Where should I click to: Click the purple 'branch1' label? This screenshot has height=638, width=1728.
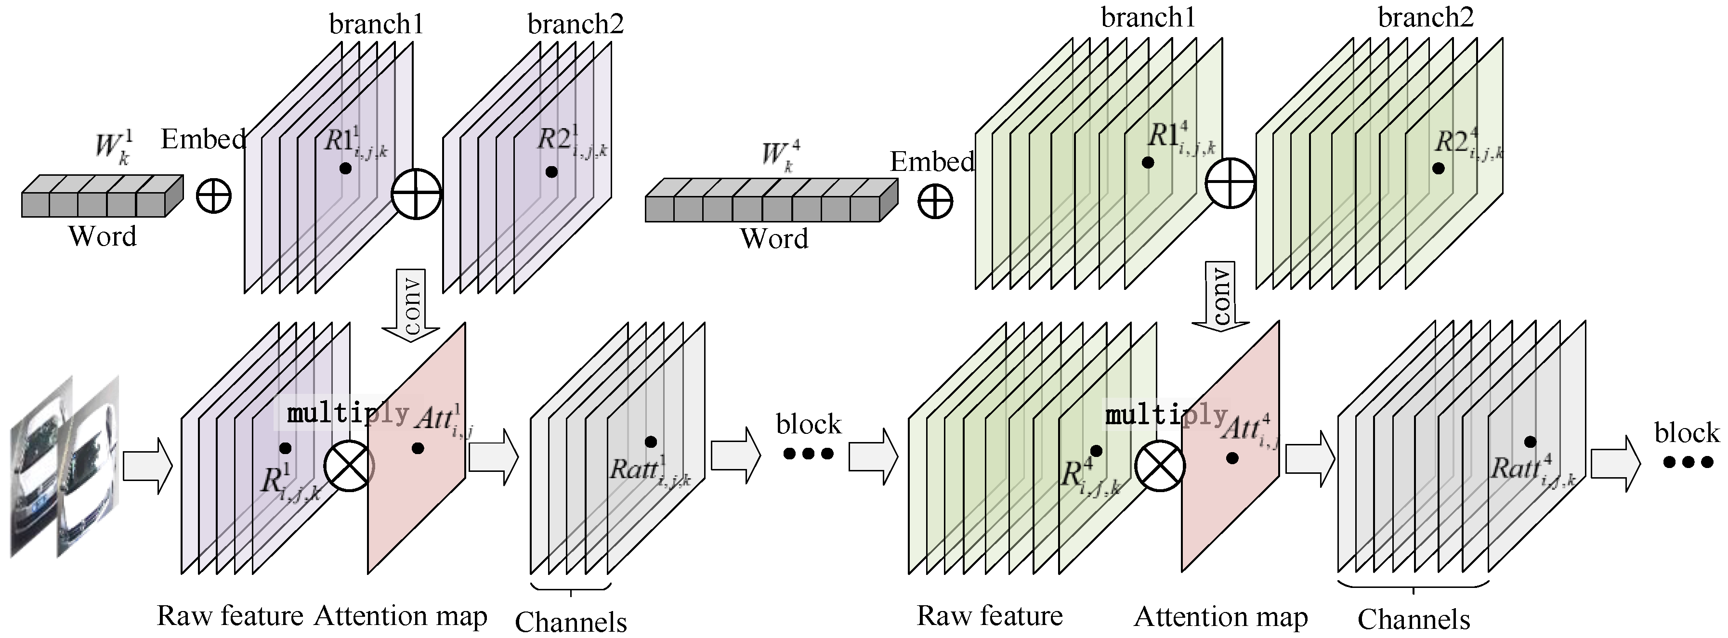(376, 24)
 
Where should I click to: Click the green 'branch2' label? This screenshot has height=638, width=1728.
(1426, 17)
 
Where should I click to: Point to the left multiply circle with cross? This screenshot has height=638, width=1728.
(349, 466)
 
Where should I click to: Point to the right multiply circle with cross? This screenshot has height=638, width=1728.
(1160, 466)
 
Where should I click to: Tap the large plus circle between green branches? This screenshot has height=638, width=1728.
(1230, 182)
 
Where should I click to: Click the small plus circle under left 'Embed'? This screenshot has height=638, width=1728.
(214, 196)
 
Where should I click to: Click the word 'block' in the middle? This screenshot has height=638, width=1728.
(808, 424)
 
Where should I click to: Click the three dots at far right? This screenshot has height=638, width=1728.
(1689, 462)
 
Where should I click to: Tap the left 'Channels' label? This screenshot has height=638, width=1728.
(571, 621)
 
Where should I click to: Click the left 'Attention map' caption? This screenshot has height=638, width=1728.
(401, 615)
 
